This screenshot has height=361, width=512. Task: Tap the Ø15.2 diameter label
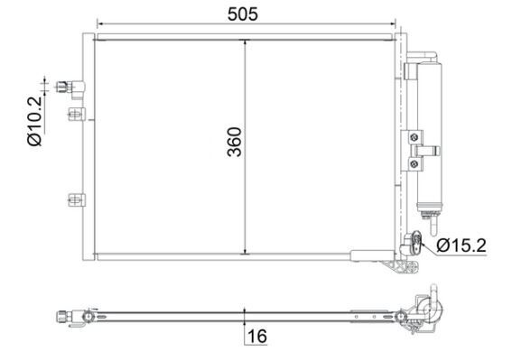point(461,245)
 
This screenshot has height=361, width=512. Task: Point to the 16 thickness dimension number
point(256,337)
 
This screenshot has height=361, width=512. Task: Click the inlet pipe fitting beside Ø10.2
point(70,87)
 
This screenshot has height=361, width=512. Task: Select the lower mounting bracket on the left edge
point(75,199)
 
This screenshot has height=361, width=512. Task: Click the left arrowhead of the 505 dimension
point(99,24)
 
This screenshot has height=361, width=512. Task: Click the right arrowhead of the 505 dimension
point(394,24)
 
